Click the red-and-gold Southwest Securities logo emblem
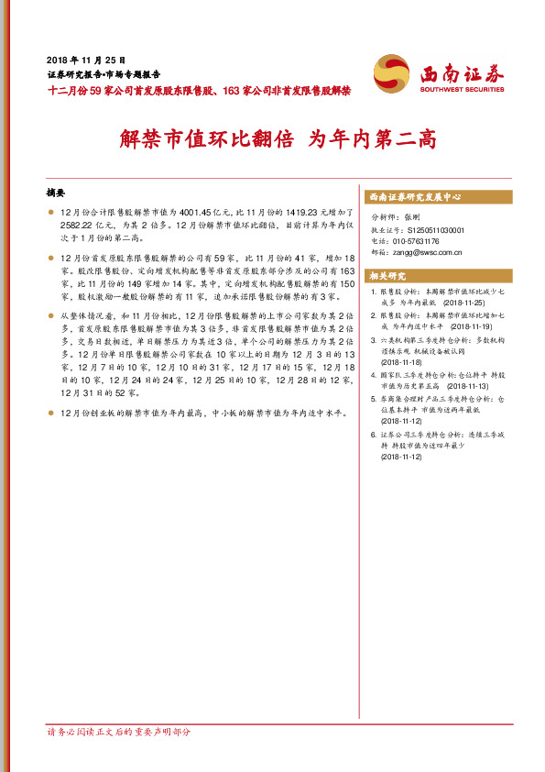click(x=392, y=72)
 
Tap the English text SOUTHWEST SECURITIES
click(x=462, y=90)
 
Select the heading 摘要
click(x=57, y=193)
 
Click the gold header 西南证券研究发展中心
click(x=414, y=197)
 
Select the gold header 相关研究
click(x=387, y=276)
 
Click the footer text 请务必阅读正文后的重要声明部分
click(x=119, y=733)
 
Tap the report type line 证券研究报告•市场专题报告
click(x=103, y=74)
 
